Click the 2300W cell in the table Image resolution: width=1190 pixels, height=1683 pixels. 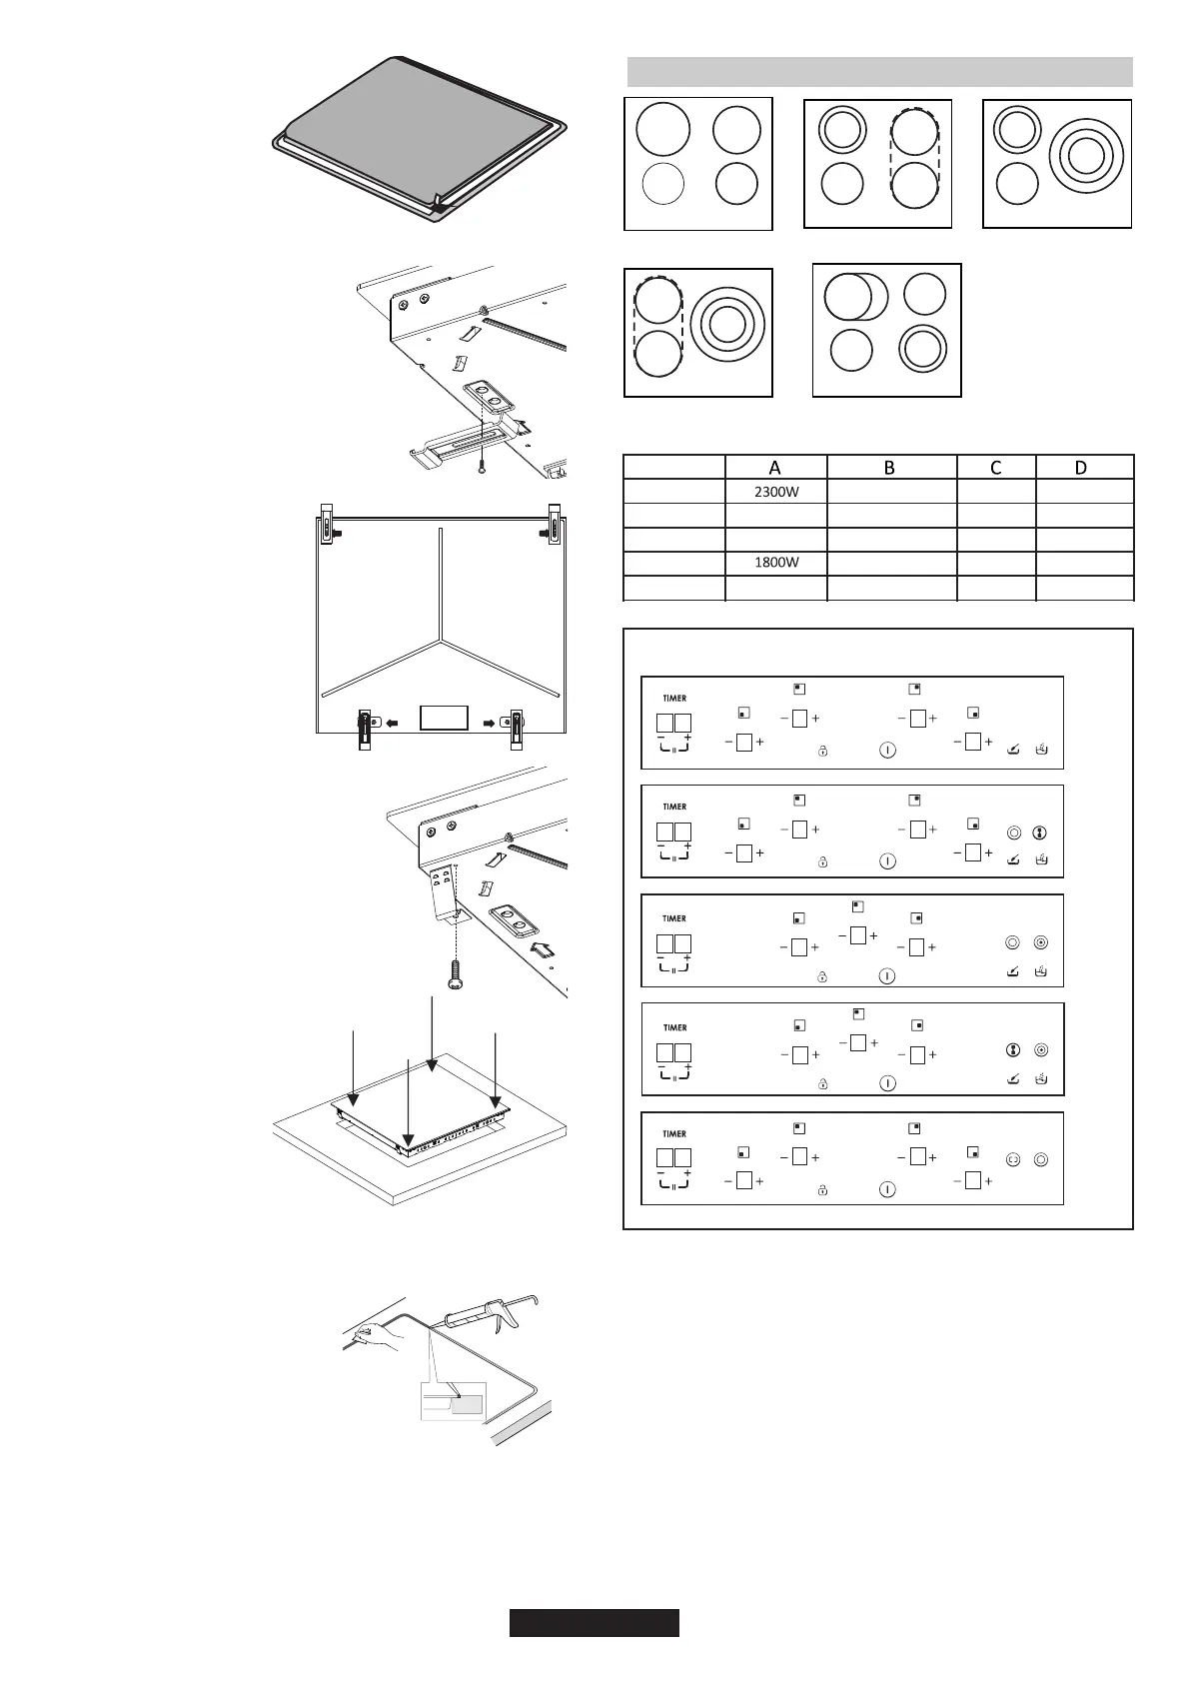[775, 491]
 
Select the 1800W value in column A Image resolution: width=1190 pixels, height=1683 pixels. [775, 563]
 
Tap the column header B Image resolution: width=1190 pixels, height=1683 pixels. [890, 467]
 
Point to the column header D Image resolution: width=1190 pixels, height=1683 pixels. [1083, 467]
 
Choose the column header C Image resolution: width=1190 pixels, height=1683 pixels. [995, 467]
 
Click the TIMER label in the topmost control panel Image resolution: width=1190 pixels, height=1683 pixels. [674, 698]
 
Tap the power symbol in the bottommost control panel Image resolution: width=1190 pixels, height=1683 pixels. [887, 1189]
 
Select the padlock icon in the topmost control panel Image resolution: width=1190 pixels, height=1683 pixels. [822, 751]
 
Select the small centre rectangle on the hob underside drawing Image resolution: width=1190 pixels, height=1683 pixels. [444, 718]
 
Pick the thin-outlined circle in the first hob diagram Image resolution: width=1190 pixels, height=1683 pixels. [662, 184]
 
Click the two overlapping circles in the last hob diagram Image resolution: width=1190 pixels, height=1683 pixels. [855, 297]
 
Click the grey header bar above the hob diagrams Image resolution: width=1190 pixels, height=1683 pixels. [879, 72]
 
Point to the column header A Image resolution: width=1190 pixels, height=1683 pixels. [775, 467]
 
